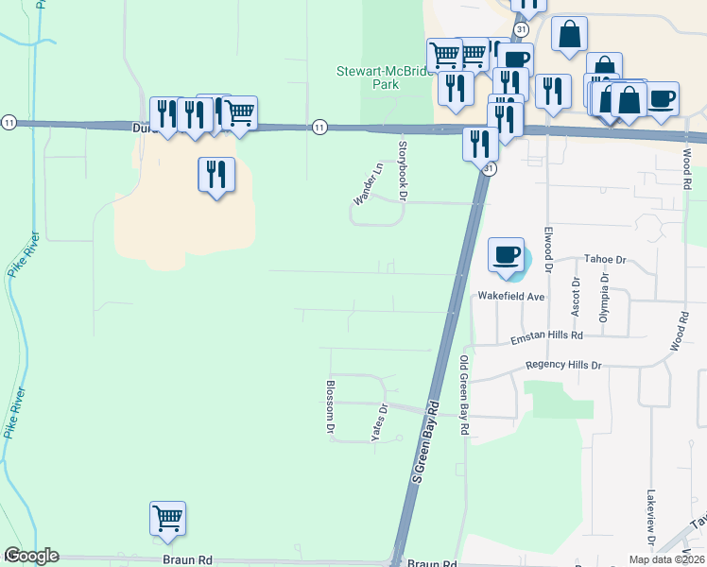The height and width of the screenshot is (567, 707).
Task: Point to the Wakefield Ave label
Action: tap(511, 297)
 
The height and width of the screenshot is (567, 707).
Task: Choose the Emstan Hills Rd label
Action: tap(545, 335)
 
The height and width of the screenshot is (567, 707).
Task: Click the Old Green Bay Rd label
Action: tap(464, 395)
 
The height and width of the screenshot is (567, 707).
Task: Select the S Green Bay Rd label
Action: tap(427, 443)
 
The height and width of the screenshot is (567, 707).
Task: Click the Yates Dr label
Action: tap(379, 423)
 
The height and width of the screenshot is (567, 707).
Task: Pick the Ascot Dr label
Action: tap(576, 294)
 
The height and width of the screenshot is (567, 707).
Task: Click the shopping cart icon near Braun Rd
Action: tap(167, 518)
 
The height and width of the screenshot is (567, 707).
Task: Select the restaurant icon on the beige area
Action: tap(216, 174)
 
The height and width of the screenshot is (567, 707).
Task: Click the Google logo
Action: tap(30, 556)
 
